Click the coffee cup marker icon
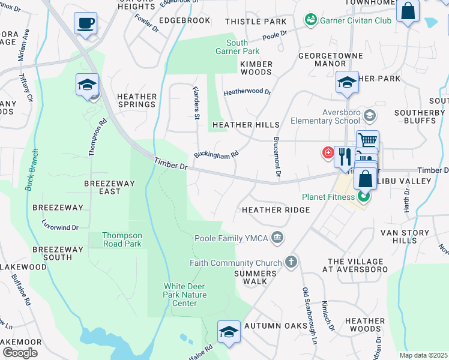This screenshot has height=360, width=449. click(85, 24)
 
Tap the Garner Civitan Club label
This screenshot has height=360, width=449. click(355, 20)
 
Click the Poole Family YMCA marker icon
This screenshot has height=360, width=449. click(277, 238)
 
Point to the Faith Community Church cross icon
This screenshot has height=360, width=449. click(291, 262)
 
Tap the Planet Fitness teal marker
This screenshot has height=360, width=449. click(363, 196)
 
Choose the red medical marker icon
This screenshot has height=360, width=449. click(328, 152)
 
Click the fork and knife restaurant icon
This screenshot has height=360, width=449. click(343, 157)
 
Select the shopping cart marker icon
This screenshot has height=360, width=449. click(367, 140)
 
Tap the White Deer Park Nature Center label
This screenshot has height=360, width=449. click(185, 295)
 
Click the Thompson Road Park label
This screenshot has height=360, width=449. click(122, 240)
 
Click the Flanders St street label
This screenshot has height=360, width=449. click(196, 104)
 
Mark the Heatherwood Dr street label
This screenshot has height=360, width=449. click(247, 93)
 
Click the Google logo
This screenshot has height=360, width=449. click(20, 353)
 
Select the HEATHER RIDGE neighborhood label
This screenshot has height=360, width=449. click(276, 210)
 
